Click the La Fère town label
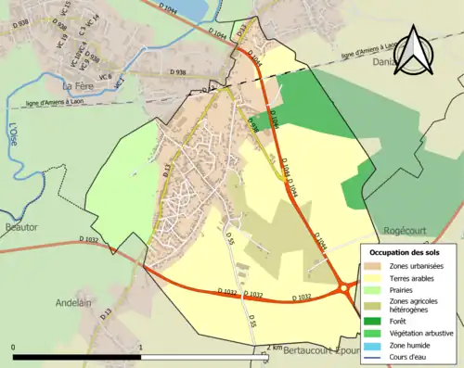click(x=79, y=85)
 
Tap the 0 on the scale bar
click(x=15, y=348)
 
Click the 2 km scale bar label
click(x=270, y=348)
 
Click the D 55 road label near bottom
click(x=251, y=324)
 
